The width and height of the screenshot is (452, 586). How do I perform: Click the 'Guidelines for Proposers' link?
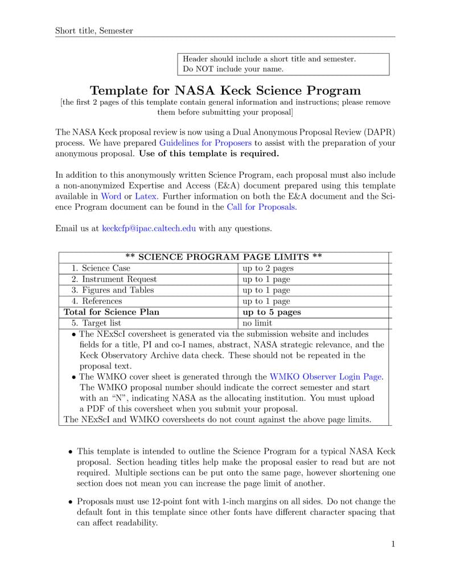[x=206, y=143]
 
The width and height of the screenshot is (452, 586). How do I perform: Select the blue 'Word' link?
[x=111, y=196]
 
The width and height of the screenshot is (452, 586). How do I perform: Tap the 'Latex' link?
[x=146, y=196]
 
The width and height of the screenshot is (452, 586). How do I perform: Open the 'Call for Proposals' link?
[x=261, y=207]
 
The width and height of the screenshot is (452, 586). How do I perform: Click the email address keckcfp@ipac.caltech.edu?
[x=149, y=229]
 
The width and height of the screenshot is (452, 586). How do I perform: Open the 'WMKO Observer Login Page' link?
[x=326, y=377]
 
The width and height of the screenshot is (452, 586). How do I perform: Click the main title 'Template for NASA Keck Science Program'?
[x=225, y=91]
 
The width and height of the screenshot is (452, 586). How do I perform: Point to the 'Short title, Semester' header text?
[x=94, y=31]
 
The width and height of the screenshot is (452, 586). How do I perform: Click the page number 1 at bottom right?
[x=392, y=544]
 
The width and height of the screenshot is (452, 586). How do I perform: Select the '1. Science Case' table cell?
[x=101, y=268]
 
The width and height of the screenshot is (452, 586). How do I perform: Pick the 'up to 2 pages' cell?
[x=268, y=268]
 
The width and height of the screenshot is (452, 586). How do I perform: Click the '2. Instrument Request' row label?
[x=114, y=279]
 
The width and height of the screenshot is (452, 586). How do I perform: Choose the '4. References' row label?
[x=97, y=301]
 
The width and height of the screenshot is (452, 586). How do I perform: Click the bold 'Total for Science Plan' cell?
[x=112, y=312]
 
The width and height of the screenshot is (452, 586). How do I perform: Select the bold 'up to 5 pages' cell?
[x=272, y=312]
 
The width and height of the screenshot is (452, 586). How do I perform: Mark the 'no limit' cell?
[x=257, y=323]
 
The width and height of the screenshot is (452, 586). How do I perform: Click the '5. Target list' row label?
[x=96, y=323]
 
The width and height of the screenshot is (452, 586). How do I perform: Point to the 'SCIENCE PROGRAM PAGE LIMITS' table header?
[x=224, y=257]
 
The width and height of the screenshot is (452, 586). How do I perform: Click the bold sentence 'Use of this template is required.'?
[x=209, y=153]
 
